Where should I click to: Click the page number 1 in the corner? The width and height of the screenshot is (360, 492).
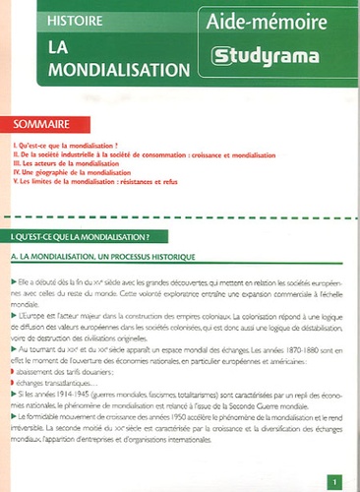coord(334,480)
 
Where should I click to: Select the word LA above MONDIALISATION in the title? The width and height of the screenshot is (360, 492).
coord(47,49)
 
